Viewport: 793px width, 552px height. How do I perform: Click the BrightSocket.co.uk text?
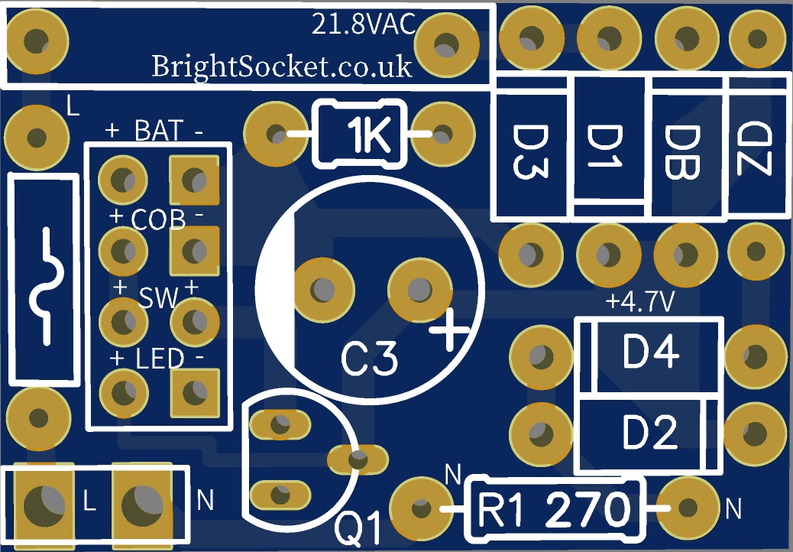(x=282, y=66)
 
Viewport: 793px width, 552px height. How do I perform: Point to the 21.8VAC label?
(x=363, y=25)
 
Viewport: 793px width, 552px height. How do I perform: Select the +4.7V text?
(x=640, y=303)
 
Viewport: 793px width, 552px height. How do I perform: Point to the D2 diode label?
(x=650, y=433)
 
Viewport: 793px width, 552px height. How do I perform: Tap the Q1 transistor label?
(x=358, y=528)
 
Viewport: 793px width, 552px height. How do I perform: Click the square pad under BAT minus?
(x=194, y=180)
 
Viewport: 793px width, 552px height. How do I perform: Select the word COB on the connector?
(x=158, y=220)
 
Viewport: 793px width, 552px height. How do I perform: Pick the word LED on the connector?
(x=160, y=359)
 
